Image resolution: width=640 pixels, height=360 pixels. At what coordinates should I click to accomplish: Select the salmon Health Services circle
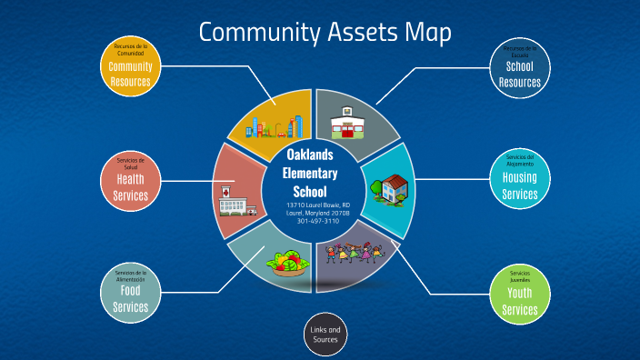coord(130,181)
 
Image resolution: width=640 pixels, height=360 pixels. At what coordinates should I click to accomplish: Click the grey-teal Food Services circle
coord(130,292)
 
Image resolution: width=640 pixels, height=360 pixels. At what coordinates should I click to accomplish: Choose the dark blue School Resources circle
coord(520,68)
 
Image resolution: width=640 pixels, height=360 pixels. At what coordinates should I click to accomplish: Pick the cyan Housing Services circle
coord(520,180)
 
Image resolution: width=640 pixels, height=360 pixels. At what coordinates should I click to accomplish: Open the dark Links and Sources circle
coord(325,335)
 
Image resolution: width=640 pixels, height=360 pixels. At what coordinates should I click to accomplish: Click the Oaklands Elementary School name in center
coord(312,173)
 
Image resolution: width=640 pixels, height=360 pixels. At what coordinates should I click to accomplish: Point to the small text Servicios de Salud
coord(130,164)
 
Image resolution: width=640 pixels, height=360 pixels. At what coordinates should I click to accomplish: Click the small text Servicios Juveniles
coord(520,276)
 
